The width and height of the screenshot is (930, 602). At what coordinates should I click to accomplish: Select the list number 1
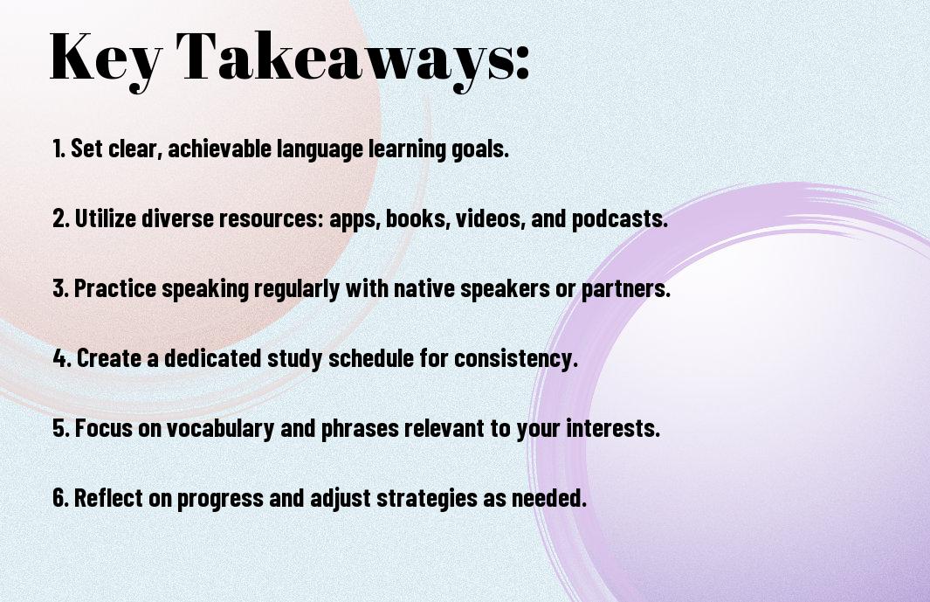pyautogui.click(x=59, y=149)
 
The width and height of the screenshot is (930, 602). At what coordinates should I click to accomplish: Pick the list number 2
pyautogui.click(x=61, y=218)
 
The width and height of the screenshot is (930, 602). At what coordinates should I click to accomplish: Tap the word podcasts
pyautogui.click(x=620, y=218)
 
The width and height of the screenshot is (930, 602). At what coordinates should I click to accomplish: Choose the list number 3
pyautogui.click(x=61, y=288)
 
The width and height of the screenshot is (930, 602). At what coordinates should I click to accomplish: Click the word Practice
pyautogui.click(x=115, y=288)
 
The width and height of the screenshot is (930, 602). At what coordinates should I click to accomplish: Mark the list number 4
pyautogui.click(x=62, y=358)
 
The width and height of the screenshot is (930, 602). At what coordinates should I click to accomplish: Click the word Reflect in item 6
pyautogui.click(x=108, y=497)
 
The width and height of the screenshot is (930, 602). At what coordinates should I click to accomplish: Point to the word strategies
pyautogui.click(x=427, y=498)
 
